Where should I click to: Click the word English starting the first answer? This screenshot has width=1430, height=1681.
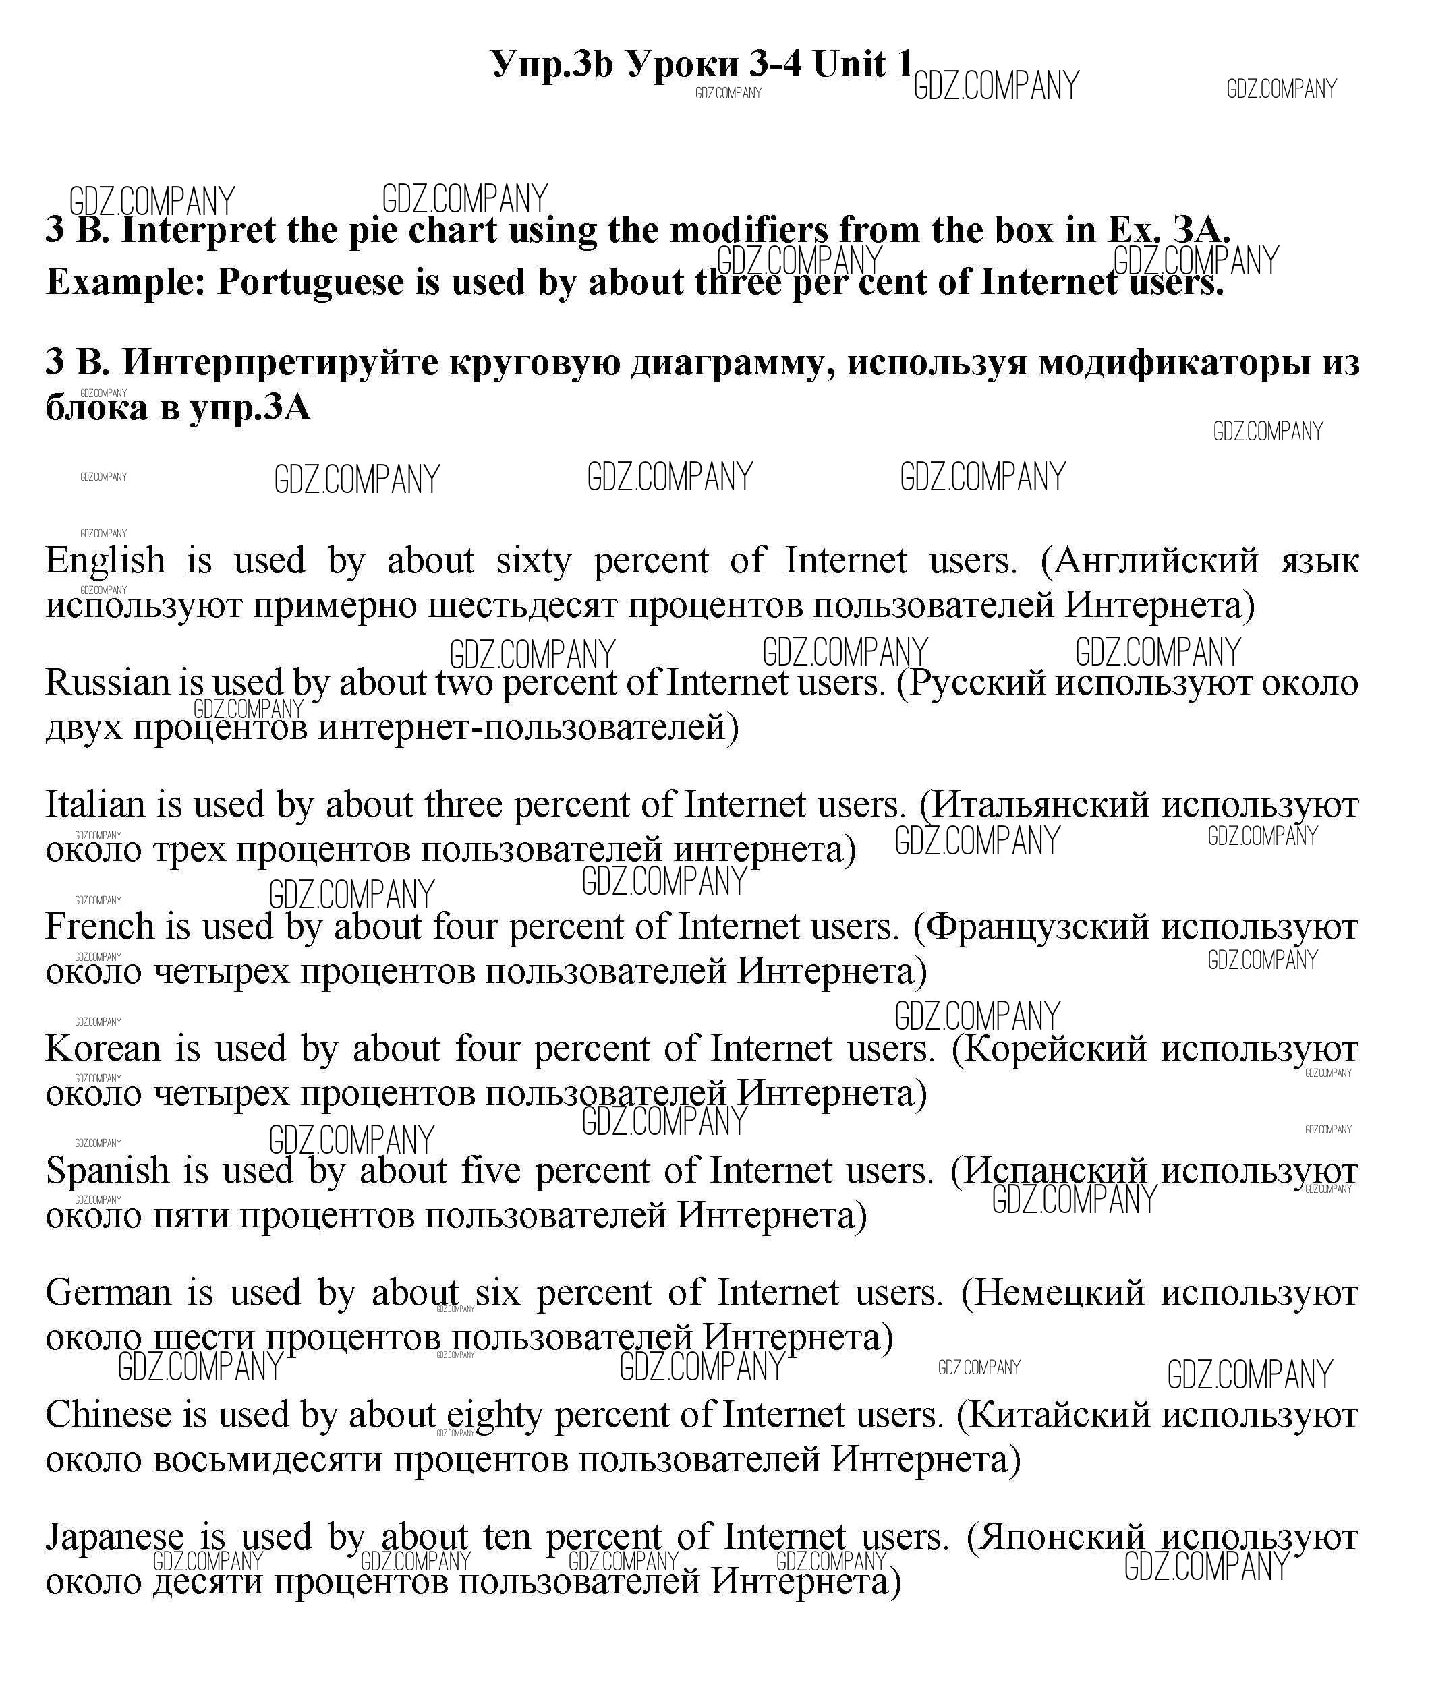[x=105, y=561]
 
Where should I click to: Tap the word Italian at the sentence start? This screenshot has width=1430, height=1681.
[x=96, y=805]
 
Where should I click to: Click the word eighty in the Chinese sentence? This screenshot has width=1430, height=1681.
[x=494, y=1417]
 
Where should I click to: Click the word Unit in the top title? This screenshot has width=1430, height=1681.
[x=850, y=64]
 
